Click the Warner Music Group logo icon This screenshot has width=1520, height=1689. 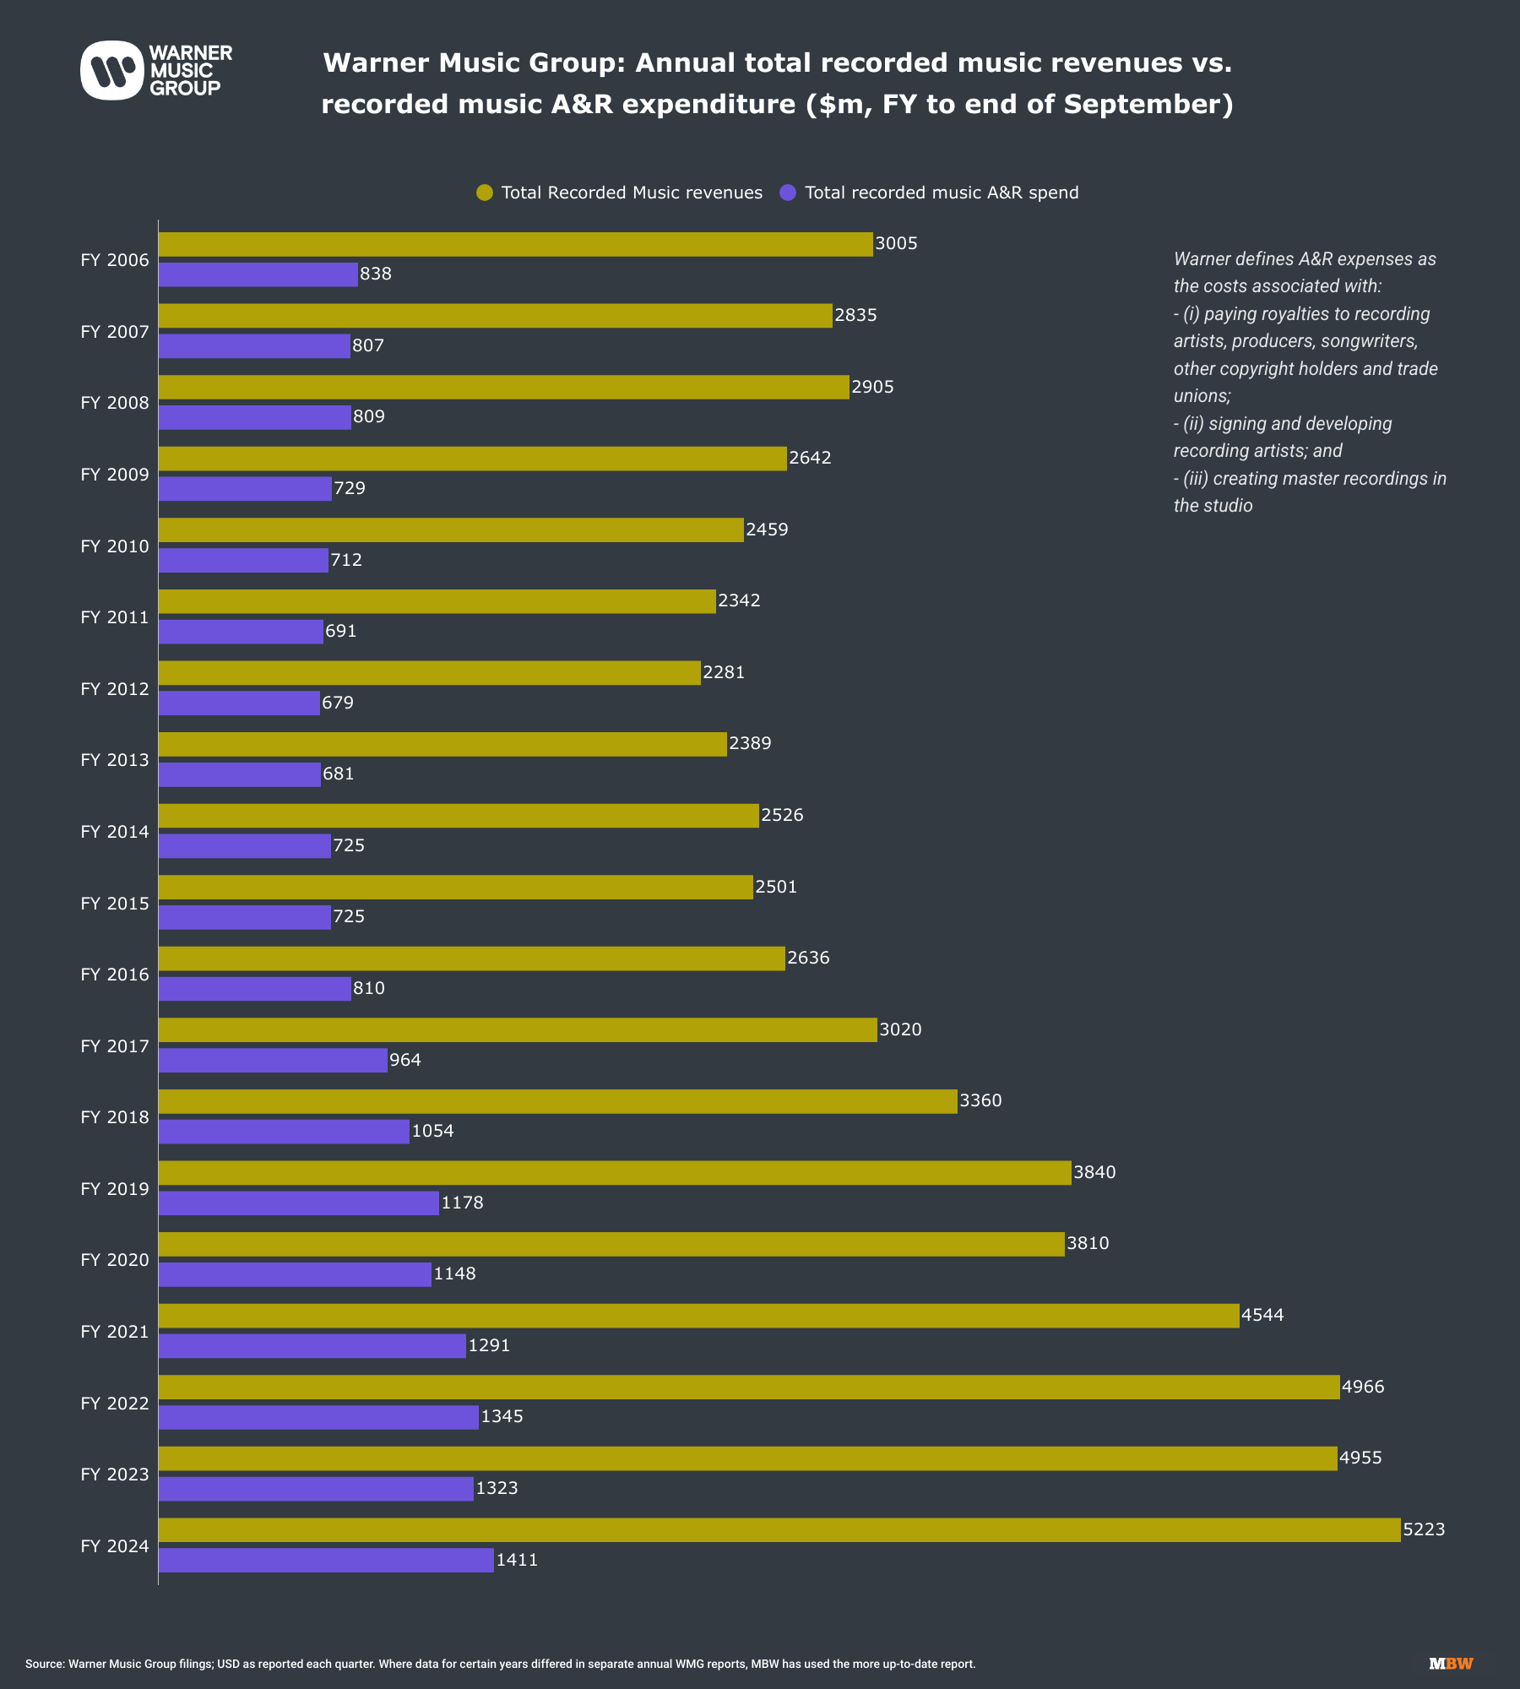pos(111,70)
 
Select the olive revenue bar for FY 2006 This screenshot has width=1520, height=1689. pos(515,244)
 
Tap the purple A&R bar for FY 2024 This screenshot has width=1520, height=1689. pos(326,1560)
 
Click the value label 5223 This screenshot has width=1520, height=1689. pos(1424,1529)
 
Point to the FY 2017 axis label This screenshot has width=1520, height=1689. pos(115,1046)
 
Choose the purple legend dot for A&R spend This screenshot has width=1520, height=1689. pos(788,193)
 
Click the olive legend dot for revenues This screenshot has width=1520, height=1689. pos(485,193)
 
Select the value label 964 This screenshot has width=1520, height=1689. pos(405,1060)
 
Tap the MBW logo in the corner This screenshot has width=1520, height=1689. pos(1451,1664)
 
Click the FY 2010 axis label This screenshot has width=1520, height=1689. pos(115,546)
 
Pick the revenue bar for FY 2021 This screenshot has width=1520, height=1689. pos(698,1316)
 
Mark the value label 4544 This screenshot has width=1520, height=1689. pos(1262,1315)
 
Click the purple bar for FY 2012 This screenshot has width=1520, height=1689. pos(239,703)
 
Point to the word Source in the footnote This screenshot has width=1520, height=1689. pos(45,1664)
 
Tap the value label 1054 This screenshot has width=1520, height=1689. pos(432,1131)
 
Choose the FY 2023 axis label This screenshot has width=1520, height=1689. pos(115,1474)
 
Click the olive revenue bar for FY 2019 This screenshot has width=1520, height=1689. pos(615,1173)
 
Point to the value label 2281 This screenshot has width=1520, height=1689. pos(724,672)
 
